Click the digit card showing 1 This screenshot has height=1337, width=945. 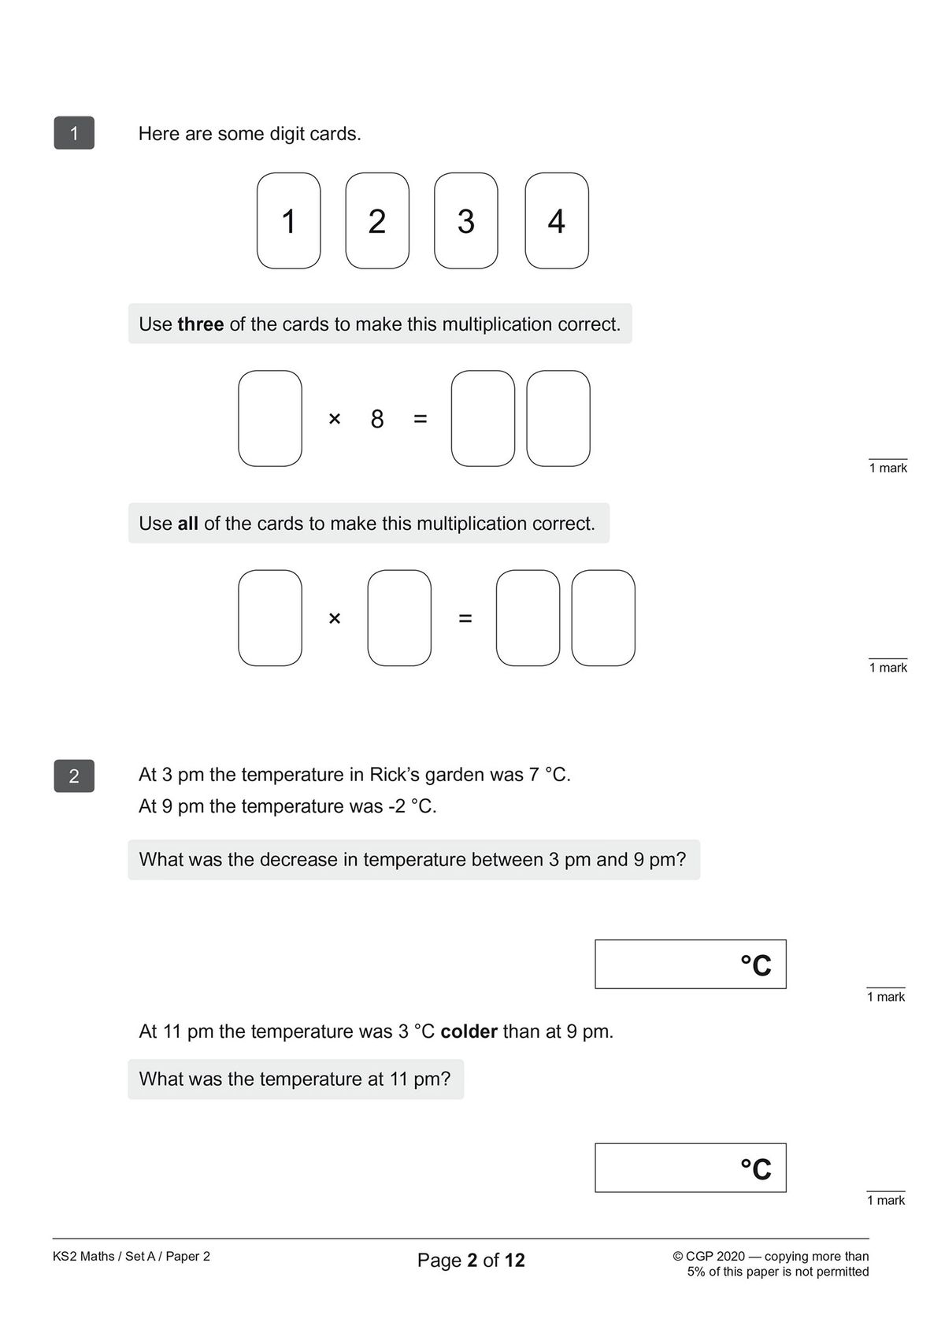pyautogui.click(x=288, y=221)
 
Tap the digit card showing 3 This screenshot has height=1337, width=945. pyautogui.click(x=465, y=221)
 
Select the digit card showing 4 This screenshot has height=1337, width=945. pyautogui.click(x=556, y=221)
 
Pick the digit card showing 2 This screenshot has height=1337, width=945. pyautogui.click(x=377, y=221)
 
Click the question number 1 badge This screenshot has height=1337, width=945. pyautogui.click(x=74, y=133)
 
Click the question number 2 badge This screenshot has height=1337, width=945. pyautogui.click(x=74, y=776)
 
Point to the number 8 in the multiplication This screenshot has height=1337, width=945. pyautogui.click(x=377, y=419)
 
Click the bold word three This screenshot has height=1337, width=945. pyautogui.click(x=200, y=324)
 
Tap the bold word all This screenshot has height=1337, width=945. pyautogui.click(x=187, y=524)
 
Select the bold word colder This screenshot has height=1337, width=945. pyautogui.click(x=469, y=1031)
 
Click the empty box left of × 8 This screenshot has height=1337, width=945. pyautogui.click(x=270, y=418)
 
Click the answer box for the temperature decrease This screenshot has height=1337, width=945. pyautogui.click(x=690, y=964)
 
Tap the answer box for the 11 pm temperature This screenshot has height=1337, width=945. pyautogui.click(x=690, y=1168)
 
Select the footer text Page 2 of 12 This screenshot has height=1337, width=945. pyautogui.click(x=471, y=1260)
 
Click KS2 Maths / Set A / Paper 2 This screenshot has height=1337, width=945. pyautogui.click(x=132, y=1256)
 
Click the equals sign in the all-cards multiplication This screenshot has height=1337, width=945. pyautogui.click(x=465, y=619)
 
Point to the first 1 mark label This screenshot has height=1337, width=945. pyautogui.click(x=888, y=468)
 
